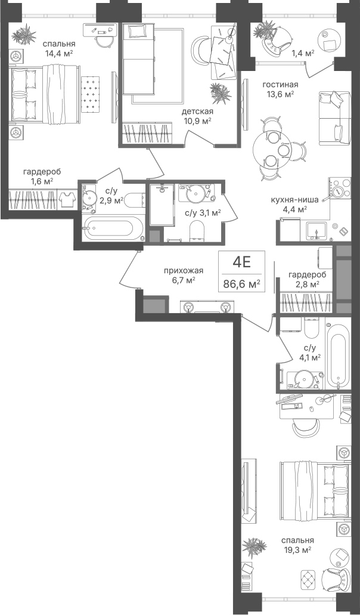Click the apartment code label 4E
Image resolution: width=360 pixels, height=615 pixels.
pos(241,262)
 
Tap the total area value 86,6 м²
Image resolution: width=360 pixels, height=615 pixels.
pos(241,283)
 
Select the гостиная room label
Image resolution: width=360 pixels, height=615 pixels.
pos(280,84)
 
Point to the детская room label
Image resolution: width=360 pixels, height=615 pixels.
pos(197,112)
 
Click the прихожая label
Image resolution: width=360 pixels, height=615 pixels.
pos(184,270)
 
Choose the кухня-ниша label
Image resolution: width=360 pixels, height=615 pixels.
pos(294,199)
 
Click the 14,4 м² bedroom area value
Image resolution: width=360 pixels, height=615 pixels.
pos(60,53)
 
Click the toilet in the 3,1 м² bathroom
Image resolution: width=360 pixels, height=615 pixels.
pos(196,230)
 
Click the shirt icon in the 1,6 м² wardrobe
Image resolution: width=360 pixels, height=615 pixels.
pos(67,199)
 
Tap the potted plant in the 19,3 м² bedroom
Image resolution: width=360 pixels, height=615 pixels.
pos(255,546)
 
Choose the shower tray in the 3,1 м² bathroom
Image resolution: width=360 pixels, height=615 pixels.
pos(161,205)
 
